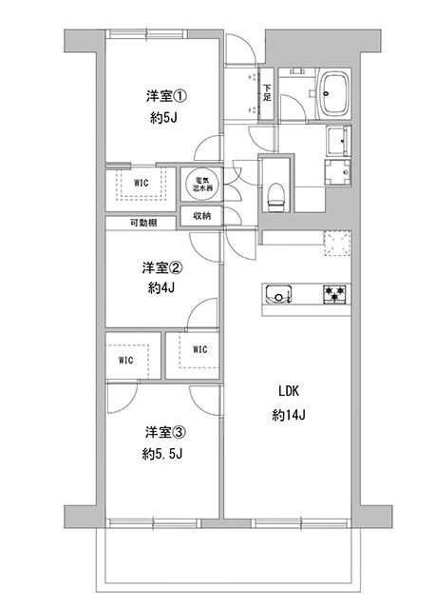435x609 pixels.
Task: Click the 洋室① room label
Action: (167, 96)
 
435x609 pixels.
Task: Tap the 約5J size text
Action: (163, 118)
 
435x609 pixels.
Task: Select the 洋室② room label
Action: (162, 267)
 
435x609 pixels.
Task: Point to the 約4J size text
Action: (161, 287)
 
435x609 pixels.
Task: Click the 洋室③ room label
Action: (166, 432)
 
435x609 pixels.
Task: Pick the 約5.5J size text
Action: (162, 454)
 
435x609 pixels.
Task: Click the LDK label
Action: (289, 391)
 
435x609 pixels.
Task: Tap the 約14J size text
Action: (289, 415)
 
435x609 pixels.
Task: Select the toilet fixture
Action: (276, 196)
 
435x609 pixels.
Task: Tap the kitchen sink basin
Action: (278, 294)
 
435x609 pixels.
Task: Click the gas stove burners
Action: (334, 294)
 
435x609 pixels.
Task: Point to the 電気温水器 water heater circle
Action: (201, 184)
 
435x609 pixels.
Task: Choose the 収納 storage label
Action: (201, 216)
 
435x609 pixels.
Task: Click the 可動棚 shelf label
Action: (143, 223)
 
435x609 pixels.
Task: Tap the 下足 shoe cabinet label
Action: (267, 93)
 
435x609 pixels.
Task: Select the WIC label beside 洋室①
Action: (142, 183)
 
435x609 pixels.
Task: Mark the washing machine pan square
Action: (337, 173)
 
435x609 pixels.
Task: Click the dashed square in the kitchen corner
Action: (338, 244)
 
